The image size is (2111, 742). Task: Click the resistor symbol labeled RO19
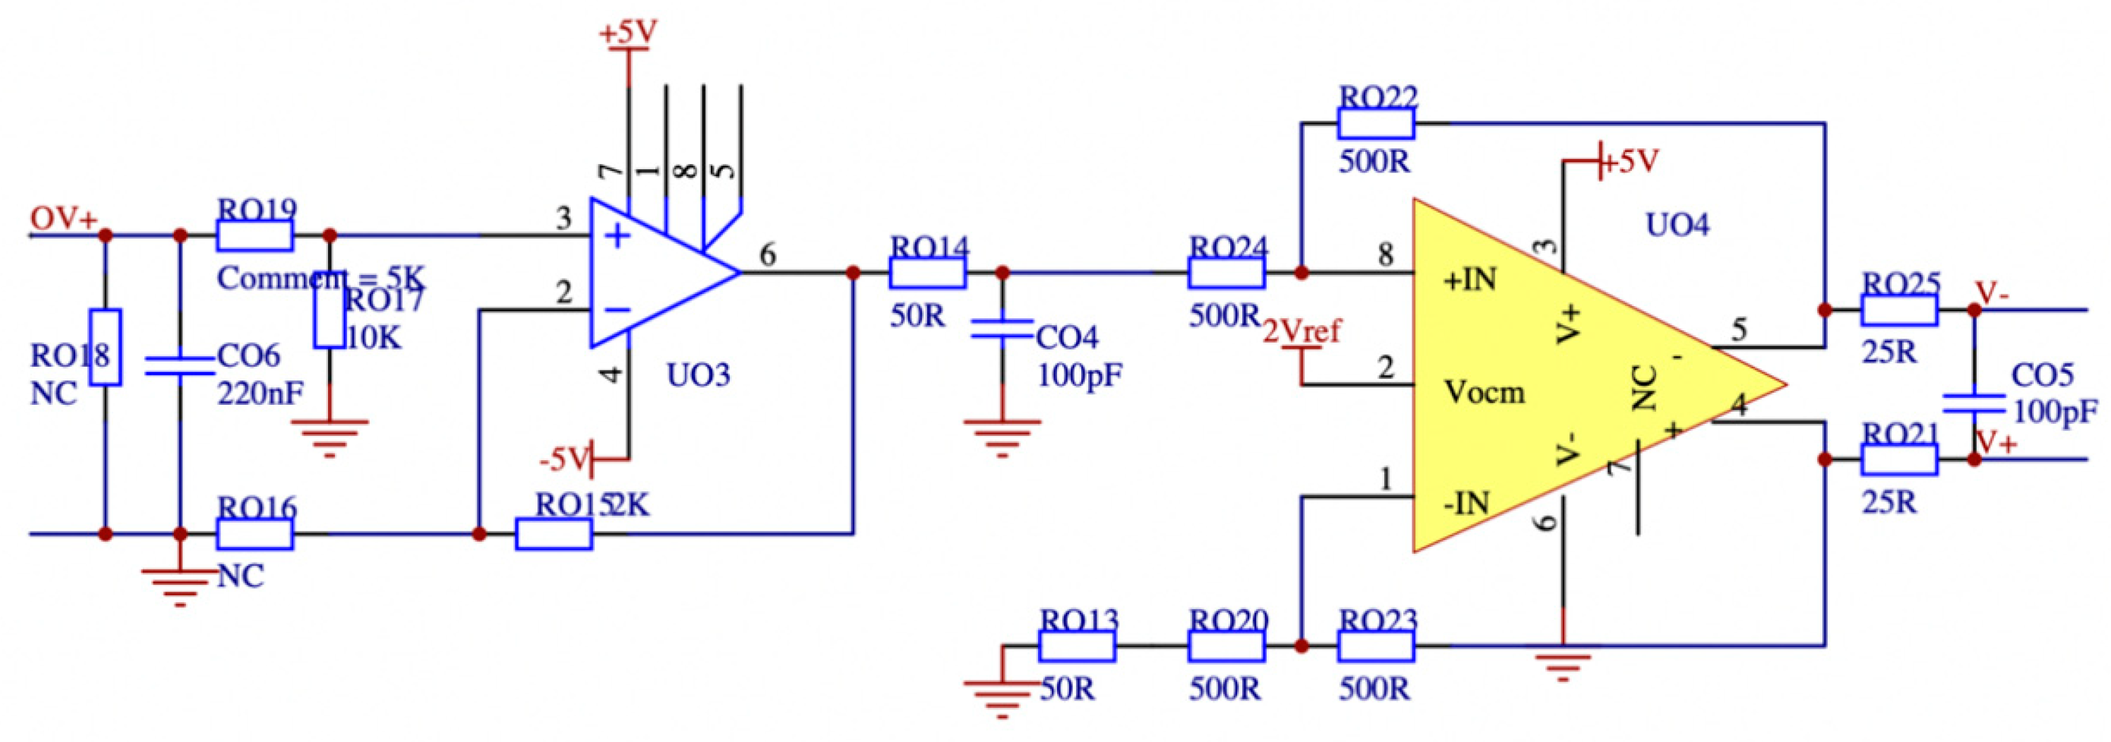point(255,236)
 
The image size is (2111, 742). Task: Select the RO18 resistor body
point(105,347)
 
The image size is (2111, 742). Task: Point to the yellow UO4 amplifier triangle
point(1557,377)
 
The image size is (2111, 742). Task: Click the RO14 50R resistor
point(928,273)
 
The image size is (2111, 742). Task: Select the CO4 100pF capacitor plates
point(1002,330)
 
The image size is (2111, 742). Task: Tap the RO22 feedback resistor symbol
point(1376,124)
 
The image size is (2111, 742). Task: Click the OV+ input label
point(63,219)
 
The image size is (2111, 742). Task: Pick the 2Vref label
point(1302,331)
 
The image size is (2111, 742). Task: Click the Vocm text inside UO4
point(1484,393)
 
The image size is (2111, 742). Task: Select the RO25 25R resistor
point(1898,311)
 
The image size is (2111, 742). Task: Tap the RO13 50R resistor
point(1077,646)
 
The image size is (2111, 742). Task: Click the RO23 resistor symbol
point(1376,646)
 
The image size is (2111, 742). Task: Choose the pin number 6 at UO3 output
point(767,255)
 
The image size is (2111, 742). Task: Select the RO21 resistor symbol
point(1898,460)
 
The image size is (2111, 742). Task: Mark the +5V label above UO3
point(628,32)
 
